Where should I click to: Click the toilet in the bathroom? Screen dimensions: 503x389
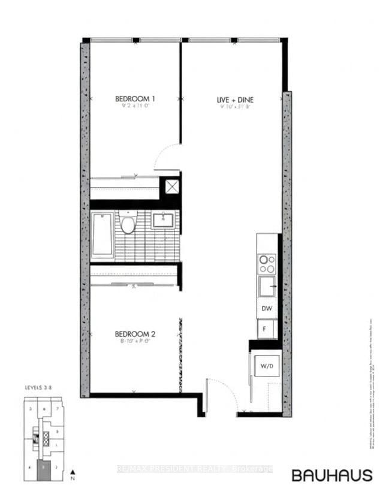127,224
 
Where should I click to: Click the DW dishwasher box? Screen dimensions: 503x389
267,309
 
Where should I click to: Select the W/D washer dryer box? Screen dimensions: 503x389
265,365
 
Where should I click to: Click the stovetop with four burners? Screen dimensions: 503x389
267,264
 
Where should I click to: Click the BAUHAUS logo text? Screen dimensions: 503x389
331,475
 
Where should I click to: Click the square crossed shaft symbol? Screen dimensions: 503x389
172,186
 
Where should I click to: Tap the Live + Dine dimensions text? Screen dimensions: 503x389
233,108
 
